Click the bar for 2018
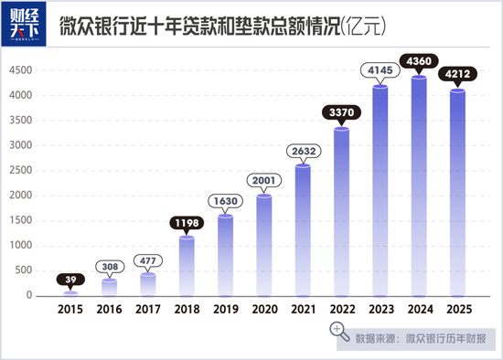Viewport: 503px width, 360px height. point(187,267)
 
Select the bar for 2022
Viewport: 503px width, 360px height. point(342,213)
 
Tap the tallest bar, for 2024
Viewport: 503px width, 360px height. point(419,186)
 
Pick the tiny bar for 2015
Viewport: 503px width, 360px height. point(70,294)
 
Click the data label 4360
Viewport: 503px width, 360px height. point(419,61)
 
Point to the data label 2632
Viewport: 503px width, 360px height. point(304,151)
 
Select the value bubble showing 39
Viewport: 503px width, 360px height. point(70,280)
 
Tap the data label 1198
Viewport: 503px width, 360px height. point(187,223)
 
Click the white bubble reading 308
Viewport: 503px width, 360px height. point(110,267)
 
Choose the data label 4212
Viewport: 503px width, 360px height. point(457,74)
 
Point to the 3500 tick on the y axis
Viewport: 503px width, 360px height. point(21,121)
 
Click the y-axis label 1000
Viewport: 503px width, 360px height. point(21,245)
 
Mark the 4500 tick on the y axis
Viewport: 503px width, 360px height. point(21,70)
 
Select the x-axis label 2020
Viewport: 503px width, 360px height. point(264,310)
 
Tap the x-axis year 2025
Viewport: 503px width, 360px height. point(459,310)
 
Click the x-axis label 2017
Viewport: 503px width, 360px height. point(148,310)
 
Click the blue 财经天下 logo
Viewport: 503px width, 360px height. point(24,24)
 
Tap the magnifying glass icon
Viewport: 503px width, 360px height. point(339,331)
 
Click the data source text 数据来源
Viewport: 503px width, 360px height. point(375,339)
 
